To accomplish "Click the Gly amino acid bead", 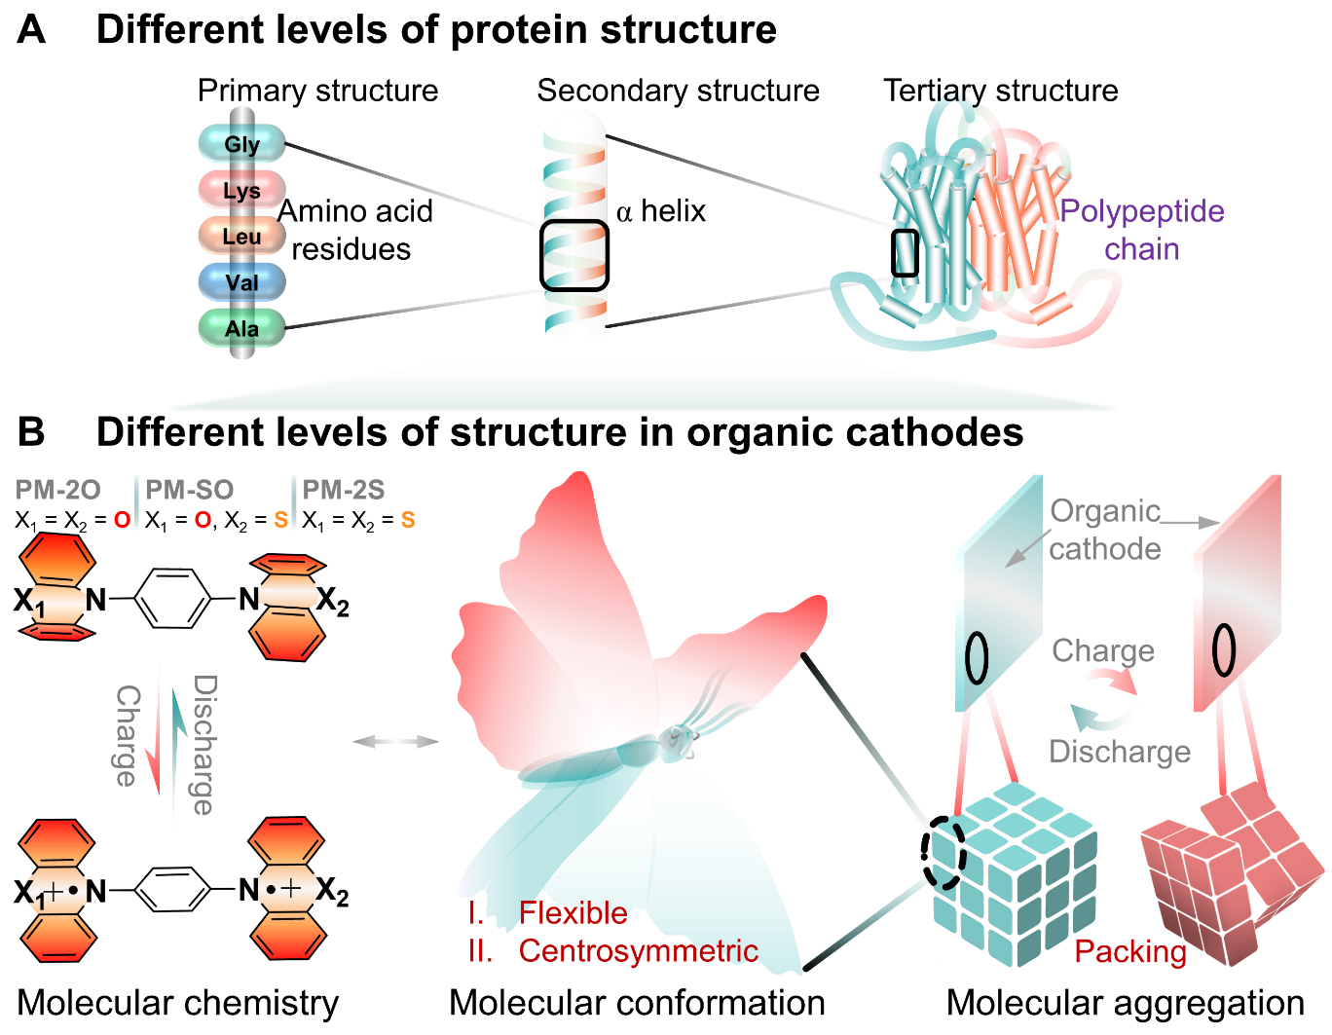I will click(241, 144).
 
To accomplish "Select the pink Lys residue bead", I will click(241, 190).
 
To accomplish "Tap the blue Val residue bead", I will click(241, 282).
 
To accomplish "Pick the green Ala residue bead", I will click(241, 328).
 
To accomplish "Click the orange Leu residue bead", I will click(241, 236).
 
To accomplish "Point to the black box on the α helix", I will click(574, 255).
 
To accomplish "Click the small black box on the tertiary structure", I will click(905, 253).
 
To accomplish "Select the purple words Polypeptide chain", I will click(1141, 230).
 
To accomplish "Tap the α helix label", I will click(661, 211).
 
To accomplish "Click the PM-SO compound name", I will click(190, 490).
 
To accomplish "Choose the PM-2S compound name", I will click(344, 490).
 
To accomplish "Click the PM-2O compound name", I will click(57, 490).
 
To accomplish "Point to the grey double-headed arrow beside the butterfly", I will click(395, 742).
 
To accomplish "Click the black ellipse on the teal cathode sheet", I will click(976, 658).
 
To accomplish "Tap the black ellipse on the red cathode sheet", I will click(1223, 649).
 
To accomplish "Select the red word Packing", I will click(1130, 951).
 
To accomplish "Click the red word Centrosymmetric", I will click(638, 950).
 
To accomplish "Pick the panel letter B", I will click(31, 431).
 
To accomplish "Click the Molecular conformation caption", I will click(637, 1003).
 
